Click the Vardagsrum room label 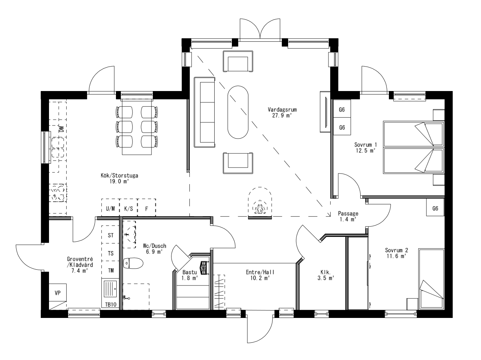click(282, 110)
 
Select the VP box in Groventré click(58, 293)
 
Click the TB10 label click(111, 304)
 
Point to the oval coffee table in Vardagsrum click(237, 112)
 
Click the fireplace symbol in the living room click(259, 204)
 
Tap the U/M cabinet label click(110, 208)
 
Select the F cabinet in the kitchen click(146, 208)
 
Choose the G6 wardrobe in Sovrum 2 click(435, 208)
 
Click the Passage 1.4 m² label click(348, 216)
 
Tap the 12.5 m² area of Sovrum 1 click(365, 150)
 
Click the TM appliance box click(111, 270)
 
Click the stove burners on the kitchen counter click(57, 193)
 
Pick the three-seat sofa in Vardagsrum click(204, 112)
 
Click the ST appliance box click(111, 236)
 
